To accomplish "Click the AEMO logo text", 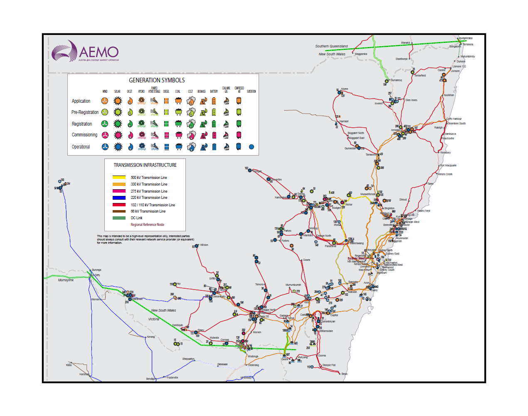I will click(99, 52).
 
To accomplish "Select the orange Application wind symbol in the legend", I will click(105, 101).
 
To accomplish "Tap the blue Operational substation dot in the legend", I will click(251, 146).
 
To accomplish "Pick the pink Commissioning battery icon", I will click(214, 135).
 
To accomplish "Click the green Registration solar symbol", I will click(118, 124).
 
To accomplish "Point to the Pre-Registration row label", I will click(85, 112).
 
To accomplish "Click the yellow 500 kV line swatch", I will click(119, 178).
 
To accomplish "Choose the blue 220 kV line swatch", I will click(119, 198).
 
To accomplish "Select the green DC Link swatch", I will click(119, 218).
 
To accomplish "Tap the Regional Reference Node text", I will click(147, 225).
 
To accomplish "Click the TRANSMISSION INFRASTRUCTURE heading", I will click(145, 165).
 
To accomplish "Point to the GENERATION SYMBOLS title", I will click(157, 80).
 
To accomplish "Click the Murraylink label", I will click(66, 280).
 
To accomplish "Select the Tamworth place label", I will click(371, 154).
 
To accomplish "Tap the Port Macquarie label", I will click(448, 166).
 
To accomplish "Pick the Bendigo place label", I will click(151, 379).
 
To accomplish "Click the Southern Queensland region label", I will click(331, 46).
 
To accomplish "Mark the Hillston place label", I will click(204, 245).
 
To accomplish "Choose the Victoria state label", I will click(154, 319).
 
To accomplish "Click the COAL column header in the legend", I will click(178, 92).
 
